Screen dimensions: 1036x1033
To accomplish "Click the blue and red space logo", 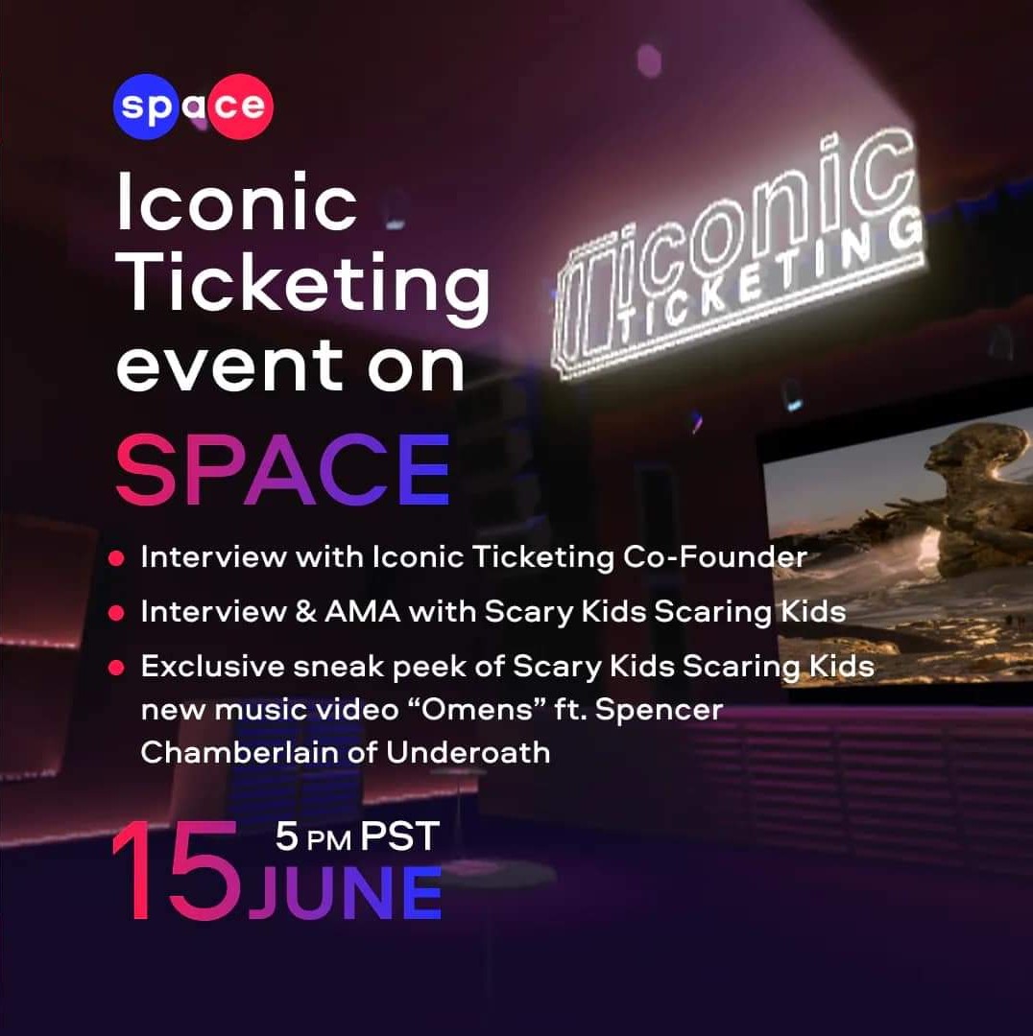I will click(193, 106).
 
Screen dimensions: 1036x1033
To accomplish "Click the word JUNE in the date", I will click(346, 894).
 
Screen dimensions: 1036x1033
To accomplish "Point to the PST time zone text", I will click(399, 836).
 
